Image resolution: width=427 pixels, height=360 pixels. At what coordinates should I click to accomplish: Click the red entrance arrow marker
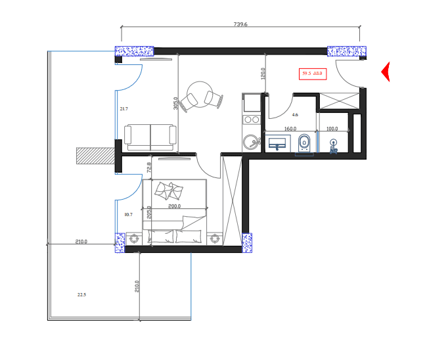click(x=386, y=72)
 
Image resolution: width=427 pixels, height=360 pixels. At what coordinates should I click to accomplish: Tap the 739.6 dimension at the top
click(x=240, y=24)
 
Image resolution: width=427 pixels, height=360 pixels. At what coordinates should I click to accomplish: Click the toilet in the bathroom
click(x=303, y=142)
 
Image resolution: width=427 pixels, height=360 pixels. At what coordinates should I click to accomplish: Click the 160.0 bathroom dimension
click(x=290, y=129)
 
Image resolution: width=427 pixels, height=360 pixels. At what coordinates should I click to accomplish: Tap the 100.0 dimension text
click(x=332, y=129)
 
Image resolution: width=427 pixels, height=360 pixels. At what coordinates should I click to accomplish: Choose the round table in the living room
click(x=199, y=92)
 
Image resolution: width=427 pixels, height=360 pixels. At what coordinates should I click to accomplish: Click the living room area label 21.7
click(x=124, y=109)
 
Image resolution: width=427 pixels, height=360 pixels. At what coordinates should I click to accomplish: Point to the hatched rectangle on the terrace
click(x=95, y=155)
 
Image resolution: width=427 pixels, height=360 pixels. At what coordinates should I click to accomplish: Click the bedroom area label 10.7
click(x=128, y=215)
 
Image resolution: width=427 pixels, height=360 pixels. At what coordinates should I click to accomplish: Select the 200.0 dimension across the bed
click(x=174, y=207)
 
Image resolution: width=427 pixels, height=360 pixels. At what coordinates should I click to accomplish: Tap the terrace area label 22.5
click(x=81, y=295)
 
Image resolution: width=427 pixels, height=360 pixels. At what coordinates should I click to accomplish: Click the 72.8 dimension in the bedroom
click(x=149, y=168)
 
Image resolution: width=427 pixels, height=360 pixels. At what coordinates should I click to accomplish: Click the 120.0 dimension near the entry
click(x=263, y=73)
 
